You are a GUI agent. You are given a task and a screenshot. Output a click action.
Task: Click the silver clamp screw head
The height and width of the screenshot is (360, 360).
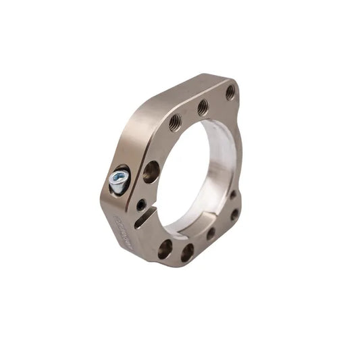click(119, 180)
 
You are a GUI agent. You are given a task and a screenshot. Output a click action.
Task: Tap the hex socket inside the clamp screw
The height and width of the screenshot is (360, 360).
click(118, 178)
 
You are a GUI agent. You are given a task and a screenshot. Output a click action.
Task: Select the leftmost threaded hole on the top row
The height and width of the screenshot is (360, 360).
click(175, 122)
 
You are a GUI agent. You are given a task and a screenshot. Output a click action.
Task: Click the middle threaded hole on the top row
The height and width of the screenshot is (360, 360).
click(203, 107)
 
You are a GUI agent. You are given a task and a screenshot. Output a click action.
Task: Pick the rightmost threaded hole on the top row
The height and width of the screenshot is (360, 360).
click(230, 91)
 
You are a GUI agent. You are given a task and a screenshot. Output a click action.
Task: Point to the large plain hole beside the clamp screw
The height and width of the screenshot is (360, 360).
click(151, 172)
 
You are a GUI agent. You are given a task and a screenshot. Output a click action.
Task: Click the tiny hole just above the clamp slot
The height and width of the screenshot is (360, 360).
click(140, 204)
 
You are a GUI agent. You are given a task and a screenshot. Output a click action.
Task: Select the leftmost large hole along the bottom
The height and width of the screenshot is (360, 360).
click(165, 249)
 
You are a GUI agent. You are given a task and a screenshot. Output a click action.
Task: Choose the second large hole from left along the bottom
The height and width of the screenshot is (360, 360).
click(187, 252)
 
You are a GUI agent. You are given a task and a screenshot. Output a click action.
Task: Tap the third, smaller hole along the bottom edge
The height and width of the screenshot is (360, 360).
click(211, 234)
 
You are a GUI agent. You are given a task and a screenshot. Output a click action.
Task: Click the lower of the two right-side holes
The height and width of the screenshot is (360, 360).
click(234, 215)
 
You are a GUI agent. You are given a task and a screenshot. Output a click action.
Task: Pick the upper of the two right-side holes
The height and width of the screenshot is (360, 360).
click(233, 195)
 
